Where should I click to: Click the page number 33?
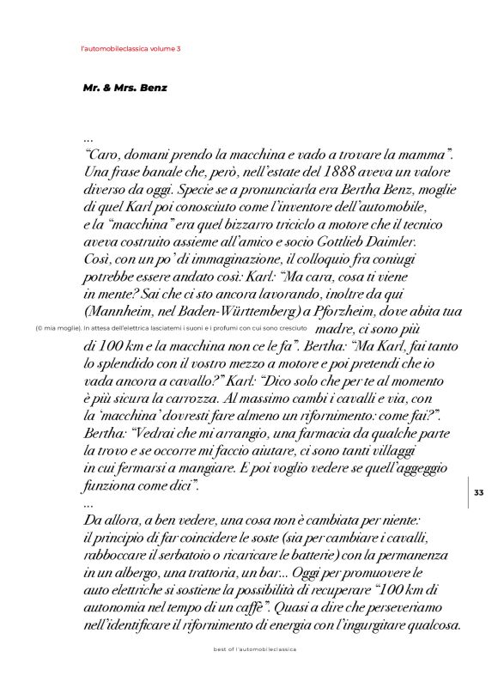478,491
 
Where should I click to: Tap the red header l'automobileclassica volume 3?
130,49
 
